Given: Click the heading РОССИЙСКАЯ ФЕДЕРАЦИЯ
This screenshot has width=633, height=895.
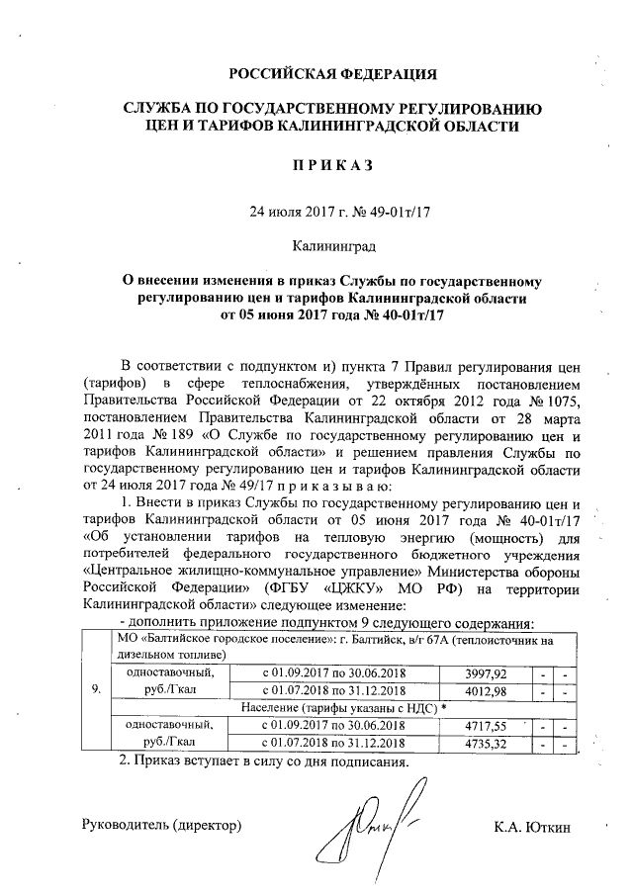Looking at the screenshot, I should coord(331,74).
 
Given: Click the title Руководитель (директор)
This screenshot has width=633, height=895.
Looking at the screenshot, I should coord(162,825).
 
